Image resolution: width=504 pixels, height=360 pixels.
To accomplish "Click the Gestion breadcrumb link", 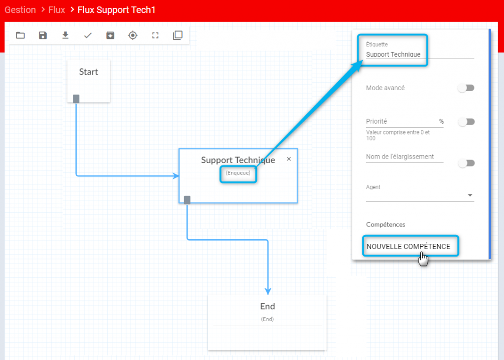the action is (x=20, y=10).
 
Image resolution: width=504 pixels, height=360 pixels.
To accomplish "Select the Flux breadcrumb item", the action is (x=57, y=10).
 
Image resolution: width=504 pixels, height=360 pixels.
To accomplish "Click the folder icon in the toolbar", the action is (x=20, y=35).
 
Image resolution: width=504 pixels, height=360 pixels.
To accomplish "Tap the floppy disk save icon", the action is (x=43, y=35).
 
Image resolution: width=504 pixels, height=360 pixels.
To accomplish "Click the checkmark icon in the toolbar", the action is (x=88, y=35).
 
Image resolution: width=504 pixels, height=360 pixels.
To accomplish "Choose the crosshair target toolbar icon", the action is (x=133, y=35).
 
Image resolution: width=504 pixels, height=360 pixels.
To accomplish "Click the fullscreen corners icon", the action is (x=155, y=35).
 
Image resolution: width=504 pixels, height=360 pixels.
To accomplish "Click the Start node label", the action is (x=89, y=72).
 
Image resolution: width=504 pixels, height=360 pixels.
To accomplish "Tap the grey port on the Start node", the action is (x=76, y=99).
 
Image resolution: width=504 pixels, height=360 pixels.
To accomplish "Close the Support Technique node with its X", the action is (x=288, y=159).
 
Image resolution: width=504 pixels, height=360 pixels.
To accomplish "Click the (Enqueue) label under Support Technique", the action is (x=238, y=173).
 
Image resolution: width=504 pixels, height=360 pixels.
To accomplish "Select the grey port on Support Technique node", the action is (x=187, y=200).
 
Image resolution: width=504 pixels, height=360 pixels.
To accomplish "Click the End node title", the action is (x=267, y=306).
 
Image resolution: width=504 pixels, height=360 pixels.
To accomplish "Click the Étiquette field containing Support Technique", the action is (x=420, y=54).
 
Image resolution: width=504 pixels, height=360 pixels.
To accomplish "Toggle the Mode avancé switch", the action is (x=466, y=88).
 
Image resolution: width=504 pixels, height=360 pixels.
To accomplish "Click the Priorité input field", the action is (x=405, y=121).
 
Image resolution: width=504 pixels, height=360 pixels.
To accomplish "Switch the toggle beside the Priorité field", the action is (x=466, y=122).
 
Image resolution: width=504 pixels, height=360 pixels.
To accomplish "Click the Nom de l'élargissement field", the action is (x=405, y=157).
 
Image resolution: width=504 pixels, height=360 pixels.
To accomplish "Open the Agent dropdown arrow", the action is (x=470, y=196).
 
